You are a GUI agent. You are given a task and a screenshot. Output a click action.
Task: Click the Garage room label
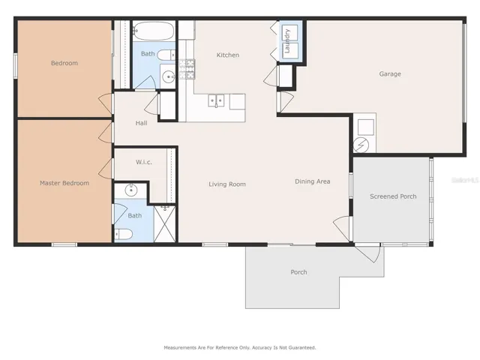pyautogui.click(x=390, y=73)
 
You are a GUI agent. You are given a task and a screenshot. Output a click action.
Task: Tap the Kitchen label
pyautogui.click(x=228, y=55)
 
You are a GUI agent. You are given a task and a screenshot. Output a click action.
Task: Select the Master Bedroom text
pyautogui.click(x=64, y=183)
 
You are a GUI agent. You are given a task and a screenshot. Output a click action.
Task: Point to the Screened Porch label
pyautogui.click(x=393, y=196)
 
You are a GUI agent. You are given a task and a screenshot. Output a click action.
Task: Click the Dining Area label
pyautogui.click(x=313, y=181)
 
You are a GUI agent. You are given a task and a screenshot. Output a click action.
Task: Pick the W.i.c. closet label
pyautogui.click(x=144, y=162)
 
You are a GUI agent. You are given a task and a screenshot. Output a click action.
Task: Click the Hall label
pyautogui.click(x=142, y=123)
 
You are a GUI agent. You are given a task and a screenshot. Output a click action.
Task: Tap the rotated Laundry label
pyautogui.click(x=287, y=41)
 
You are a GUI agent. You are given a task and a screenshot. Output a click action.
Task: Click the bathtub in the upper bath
pyautogui.click(x=154, y=31)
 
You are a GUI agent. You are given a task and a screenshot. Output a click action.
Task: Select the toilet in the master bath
pyautogui.click(x=124, y=235)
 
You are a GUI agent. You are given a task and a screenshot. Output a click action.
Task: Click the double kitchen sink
pyautogui.click(x=216, y=100)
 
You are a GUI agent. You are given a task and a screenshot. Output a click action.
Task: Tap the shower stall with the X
pyautogui.click(x=165, y=223)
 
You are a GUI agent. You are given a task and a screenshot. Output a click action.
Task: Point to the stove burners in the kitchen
pyautogui.click(x=187, y=69)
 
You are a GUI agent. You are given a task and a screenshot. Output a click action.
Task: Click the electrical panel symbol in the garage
pyautogui.click(x=361, y=145)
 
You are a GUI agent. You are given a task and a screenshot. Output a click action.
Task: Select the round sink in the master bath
pyautogui.click(x=131, y=190)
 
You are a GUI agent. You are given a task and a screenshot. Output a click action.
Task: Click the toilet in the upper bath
pyautogui.click(x=166, y=55)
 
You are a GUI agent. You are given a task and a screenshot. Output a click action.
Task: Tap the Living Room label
pyautogui.click(x=227, y=184)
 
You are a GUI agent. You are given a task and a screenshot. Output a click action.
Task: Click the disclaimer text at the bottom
pyautogui.click(x=240, y=348)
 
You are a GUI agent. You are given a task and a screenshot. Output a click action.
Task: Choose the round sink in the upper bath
pyautogui.click(x=169, y=76)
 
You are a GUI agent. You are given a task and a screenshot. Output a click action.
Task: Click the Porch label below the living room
pyautogui.click(x=298, y=272)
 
